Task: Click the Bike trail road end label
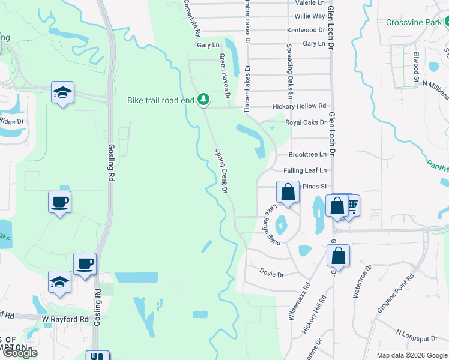(161, 100)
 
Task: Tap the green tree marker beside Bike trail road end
(203, 100)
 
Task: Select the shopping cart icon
(351, 206)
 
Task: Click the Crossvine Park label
(414, 22)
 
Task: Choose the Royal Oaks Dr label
(306, 122)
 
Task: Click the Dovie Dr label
(271, 274)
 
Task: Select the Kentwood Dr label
(306, 29)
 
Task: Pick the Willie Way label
(310, 16)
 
